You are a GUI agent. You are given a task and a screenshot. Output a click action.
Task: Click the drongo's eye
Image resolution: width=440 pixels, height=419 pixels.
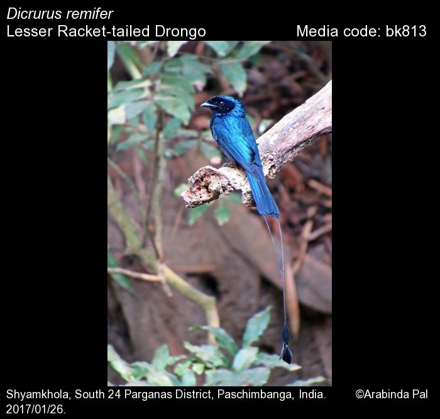222,103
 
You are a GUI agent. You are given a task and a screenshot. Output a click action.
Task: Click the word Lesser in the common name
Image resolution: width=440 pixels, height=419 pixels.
30,31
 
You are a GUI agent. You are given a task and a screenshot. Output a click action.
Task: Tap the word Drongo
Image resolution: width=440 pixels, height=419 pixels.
180,31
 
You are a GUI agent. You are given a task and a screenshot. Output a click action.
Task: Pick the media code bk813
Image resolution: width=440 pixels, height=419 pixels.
406,31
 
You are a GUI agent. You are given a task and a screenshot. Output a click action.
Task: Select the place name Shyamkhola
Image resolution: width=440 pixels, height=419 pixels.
39,395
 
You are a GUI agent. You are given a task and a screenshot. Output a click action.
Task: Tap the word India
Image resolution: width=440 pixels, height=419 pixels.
312,395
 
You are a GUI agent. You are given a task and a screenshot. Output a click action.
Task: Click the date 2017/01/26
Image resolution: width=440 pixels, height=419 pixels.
36,410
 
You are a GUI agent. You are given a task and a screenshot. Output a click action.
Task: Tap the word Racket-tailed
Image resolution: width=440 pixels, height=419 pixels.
104,31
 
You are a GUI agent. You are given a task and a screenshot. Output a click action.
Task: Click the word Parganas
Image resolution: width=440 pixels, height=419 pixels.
146,395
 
